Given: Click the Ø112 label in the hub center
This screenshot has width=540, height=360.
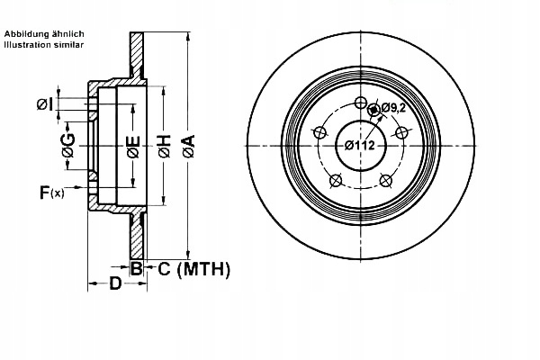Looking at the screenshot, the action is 360,146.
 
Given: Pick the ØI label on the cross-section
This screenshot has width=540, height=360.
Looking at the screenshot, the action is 46,105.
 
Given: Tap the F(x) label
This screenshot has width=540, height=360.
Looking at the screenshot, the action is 51,192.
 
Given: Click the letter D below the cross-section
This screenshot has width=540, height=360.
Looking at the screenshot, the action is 115,285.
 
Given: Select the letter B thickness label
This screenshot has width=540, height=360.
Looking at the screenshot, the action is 136,268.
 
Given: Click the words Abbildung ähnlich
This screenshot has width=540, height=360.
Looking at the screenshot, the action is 44,33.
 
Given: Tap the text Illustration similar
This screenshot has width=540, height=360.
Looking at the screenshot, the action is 44,43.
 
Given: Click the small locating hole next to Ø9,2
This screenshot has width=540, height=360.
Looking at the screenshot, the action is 374,111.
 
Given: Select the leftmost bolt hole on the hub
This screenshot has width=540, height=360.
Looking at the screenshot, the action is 318,131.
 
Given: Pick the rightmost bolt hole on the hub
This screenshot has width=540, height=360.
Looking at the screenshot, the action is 402,131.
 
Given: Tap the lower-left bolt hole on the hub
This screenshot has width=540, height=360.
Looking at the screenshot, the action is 334,180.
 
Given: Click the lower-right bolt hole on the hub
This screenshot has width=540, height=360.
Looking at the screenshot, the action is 385,180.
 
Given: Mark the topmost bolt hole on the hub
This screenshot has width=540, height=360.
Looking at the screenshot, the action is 360,101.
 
